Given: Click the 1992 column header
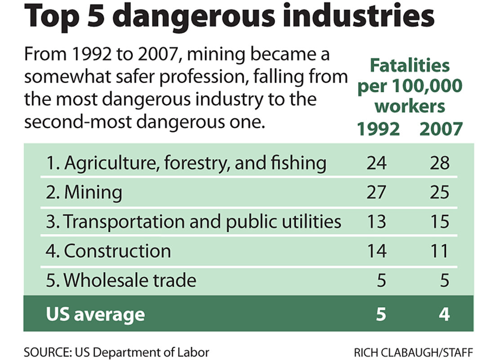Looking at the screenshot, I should pyautogui.click(x=378, y=129).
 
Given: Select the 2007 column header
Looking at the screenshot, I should pyautogui.click(x=440, y=129).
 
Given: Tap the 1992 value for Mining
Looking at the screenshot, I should pyautogui.click(x=376, y=192).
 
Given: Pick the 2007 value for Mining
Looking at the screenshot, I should pyautogui.click(x=438, y=192).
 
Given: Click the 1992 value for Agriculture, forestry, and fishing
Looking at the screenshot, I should pyautogui.click(x=376, y=163).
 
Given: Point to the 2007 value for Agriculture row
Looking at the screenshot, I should pyautogui.click(x=438, y=163).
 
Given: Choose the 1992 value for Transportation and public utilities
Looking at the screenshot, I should pyautogui.click(x=376, y=221).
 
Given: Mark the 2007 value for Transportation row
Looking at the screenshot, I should pyautogui.click(x=438, y=221).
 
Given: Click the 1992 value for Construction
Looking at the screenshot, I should pyautogui.click(x=376, y=251).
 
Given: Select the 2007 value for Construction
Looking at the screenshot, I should pyautogui.click(x=438, y=251).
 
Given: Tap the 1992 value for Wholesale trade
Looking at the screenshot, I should pyautogui.click(x=381, y=280).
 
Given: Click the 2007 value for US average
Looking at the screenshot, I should pyautogui.click(x=444, y=314).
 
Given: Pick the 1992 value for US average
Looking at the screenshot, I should pyautogui.click(x=381, y=314).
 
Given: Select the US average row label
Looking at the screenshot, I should pyautogui.click(x=95, y=314).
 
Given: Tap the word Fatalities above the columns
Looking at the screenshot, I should pyautogui.click(x=410, y=66).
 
